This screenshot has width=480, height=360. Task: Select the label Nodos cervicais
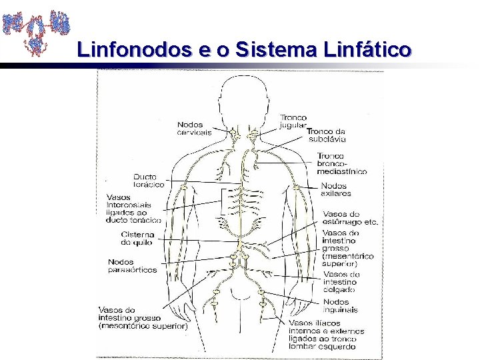tap(194, 128)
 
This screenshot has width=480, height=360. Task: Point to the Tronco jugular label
tap(293, 121)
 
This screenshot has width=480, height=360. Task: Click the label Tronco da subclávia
tap(326, 135)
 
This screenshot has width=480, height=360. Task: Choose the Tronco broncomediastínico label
tap(341, 163)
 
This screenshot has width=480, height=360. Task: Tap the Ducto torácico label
tap(149, 180)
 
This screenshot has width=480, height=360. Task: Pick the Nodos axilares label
tap(336, 189)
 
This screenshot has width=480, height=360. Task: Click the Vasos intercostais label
tap(133, 208)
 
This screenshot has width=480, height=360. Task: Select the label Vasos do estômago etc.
tap(350, 218)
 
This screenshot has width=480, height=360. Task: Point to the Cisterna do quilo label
tap(137, 239)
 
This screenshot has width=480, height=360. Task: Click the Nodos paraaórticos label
tap(133, 266)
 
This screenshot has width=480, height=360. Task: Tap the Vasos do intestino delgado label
tap(341, 282)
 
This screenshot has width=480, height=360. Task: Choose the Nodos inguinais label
tap(340, 305)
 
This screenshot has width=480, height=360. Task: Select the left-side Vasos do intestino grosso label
tap(143, 318)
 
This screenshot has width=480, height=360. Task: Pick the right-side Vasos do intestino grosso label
tap(347, 248)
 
